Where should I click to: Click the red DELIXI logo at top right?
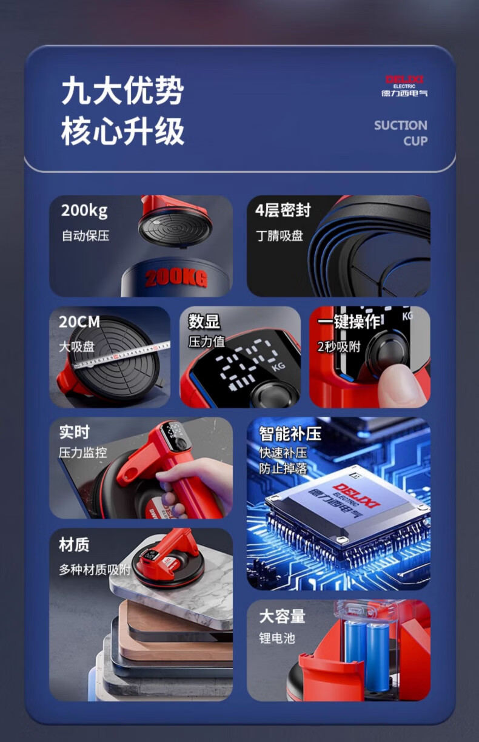tap(404, 79)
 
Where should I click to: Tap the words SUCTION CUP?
tap(401, 133)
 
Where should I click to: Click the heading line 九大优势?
tap(122, 90)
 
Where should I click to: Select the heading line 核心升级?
tap(122, 131)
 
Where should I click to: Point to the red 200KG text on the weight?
tap(176, 278)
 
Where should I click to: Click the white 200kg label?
tap(84, 211)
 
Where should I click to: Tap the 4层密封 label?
tap(283, 210)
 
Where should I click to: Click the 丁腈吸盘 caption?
tap(280, 236)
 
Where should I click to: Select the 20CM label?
tap(79, 322)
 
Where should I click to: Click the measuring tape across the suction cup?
tap(121, 355)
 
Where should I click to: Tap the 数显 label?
tap(204, 322)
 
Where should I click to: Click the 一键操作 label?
tap(349, 322)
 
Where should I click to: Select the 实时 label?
tap(75, 432)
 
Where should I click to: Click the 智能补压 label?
tap(290, 434)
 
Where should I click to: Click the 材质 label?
tap(74, 545)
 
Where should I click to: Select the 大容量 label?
tap(283, 616)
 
